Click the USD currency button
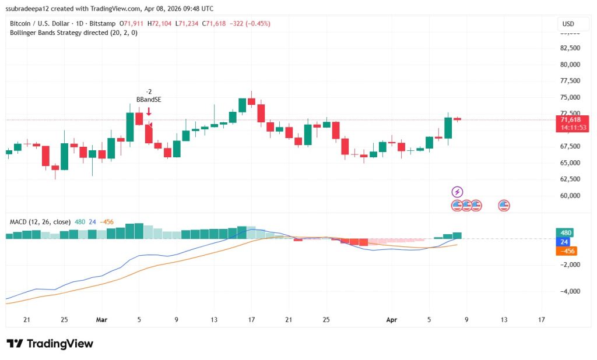click(567, 24)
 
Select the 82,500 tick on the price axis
click(570, 48)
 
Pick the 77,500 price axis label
click(570, 80)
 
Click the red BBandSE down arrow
click(149, 111)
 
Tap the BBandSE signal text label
click(149, 100)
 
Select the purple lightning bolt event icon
click(458, 192)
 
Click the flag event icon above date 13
click(504, 205)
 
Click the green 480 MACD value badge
click(566, 232)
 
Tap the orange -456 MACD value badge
click(566, 251)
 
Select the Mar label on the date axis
click(102, 320)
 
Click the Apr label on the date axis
click(392, 320)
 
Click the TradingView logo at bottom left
click(50, 344)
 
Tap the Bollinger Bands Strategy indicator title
click(73, 33)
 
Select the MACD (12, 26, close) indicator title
click(40, 222)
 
